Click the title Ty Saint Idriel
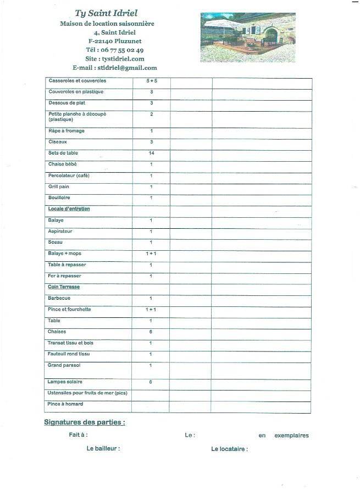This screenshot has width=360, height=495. (107, 13)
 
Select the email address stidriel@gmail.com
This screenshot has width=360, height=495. (127, 68)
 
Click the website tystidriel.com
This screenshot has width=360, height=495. (122, 59)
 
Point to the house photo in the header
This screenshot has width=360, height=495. (248, 37)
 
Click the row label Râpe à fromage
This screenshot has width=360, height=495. (67, 131)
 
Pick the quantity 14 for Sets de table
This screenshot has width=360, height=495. (151, 153)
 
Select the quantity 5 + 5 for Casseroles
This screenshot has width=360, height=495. (152, 81)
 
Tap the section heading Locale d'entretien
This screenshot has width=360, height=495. (69, 209)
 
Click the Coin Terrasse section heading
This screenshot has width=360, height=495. (64, 287)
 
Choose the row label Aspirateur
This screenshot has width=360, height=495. (60, 232)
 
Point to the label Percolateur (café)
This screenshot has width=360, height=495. (69, 175)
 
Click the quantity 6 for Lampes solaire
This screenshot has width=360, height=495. (151, 382)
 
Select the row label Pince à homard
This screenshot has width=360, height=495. (65, 404)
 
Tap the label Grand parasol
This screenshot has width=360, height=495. (64, 365)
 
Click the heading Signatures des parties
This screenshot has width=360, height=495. (85, 422)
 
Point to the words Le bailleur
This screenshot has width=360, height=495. (103, 449)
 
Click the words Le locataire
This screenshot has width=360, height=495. (229, 449)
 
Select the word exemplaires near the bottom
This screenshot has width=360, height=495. (291, 436)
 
